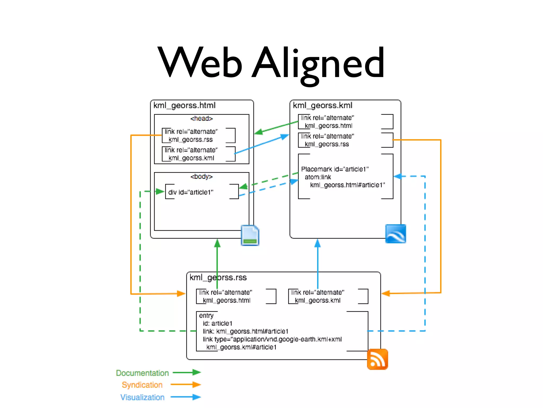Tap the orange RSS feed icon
click(x=377, y=359)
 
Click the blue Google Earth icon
click(x=395, y=234)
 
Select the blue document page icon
click(x=250, y=235)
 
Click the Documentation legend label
click(x=142, y=373)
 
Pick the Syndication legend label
click(x=142, y=385)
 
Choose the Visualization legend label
click(x=142, y=397)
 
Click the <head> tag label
click(x=202, y=118)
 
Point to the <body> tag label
click(x=202, y=177)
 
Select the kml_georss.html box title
click(x=185, y=105)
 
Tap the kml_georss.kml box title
click(x=322, y=105)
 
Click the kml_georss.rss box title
click(x=218, y=278)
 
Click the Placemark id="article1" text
click(x=335, y=169)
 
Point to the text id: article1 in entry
click(x=217, y=324)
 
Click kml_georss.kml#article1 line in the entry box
click(x=241, y=347)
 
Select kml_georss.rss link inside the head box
click(x=191, y=139)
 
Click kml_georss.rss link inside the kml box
click(x=327, y=144)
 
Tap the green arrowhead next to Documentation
click(x=197, y=372)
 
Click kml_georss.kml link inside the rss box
click(x=318, y=300)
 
